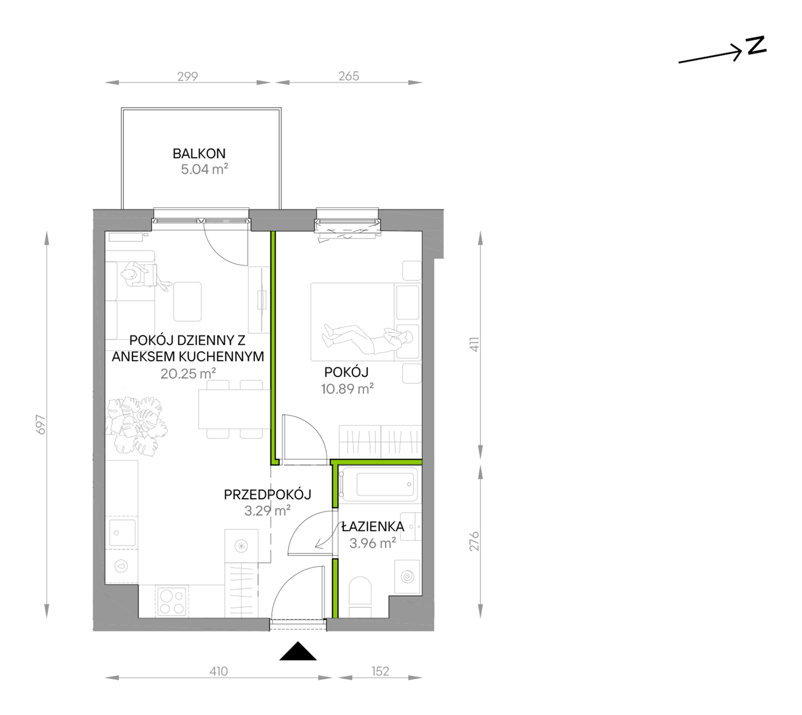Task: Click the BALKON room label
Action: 199,153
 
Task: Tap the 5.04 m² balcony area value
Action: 204,169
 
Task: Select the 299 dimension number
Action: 187,76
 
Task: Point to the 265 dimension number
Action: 349,76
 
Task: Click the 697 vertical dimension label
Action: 40,424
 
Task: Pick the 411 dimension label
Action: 474,344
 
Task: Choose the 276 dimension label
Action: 474,541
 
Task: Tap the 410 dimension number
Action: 218,671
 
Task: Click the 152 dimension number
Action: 380,671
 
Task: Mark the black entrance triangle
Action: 298,652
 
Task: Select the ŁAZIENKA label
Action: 373,527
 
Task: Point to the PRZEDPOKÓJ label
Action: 267,495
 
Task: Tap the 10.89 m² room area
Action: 347,389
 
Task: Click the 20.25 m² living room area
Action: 188,374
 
